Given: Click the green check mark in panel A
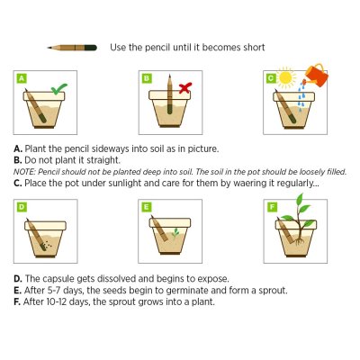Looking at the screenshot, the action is point(58,89).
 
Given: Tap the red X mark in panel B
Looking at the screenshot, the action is point(185,88).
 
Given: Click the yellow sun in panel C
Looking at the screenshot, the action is point(286,77).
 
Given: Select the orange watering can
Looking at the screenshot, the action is point(316,75).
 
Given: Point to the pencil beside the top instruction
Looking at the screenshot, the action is point(72,48).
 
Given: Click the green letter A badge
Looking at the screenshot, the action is point(22,78).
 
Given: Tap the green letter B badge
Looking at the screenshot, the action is point(147,78).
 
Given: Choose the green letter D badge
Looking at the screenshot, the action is point(22,207).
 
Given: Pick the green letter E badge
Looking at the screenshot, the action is point(146,207).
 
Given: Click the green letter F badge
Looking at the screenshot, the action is point(272,207).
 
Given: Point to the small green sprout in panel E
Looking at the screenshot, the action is point(175,233).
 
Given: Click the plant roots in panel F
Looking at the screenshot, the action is point(299,241).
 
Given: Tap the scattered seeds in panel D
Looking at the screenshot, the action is point(46,247).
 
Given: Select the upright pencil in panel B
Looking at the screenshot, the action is point(170,94).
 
